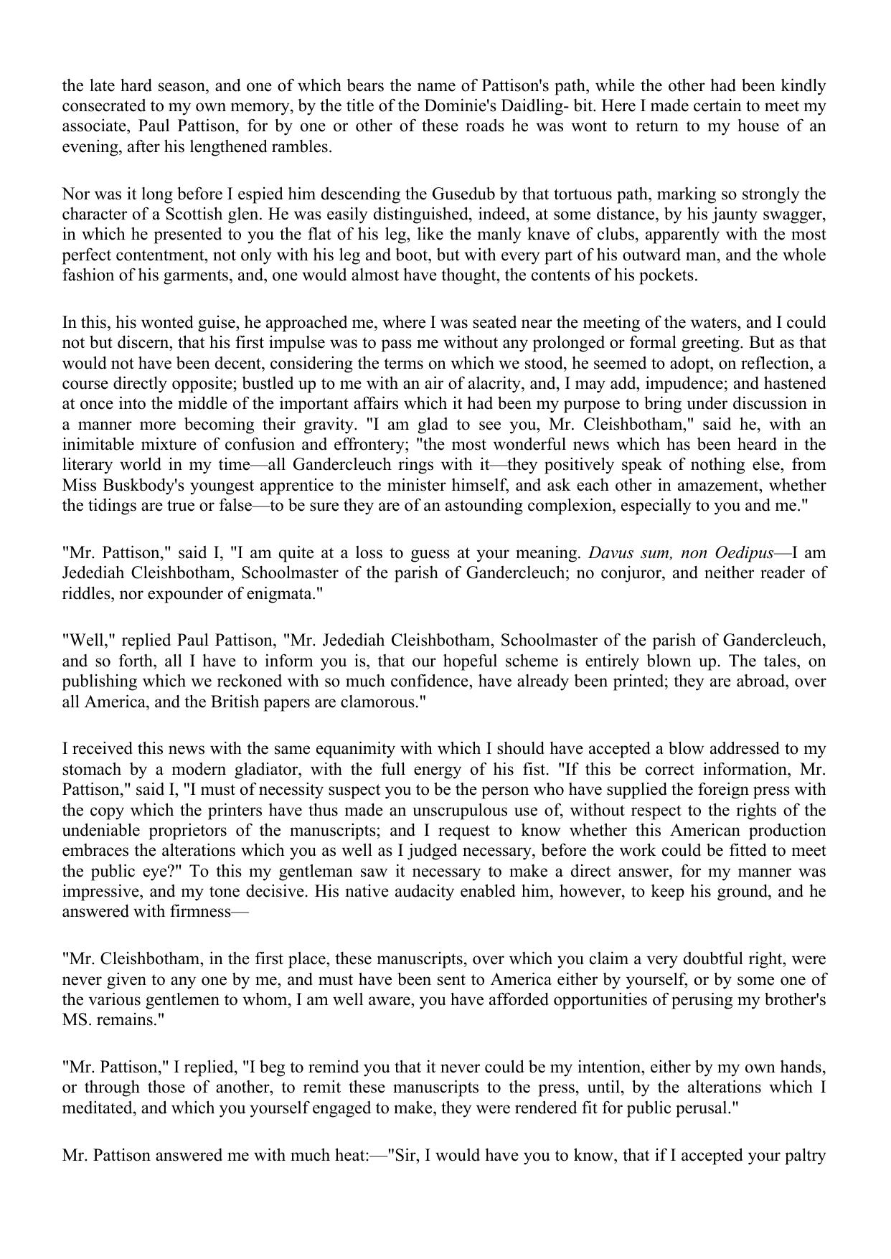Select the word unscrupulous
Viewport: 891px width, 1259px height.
(478, 811)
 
